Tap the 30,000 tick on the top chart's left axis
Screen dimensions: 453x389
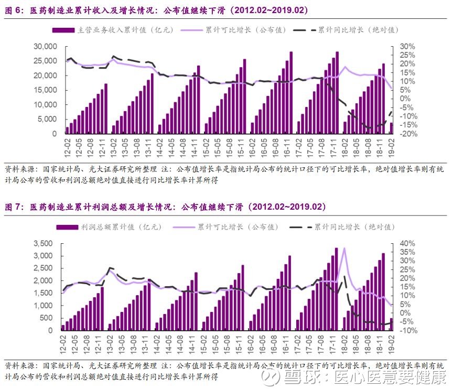(46, 47)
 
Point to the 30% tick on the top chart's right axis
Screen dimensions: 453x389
(407, 47)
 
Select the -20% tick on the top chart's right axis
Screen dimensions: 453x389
(408, 134)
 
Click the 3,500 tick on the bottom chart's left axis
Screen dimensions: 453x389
(43, 243)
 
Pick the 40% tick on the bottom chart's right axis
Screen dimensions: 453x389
(407, 243)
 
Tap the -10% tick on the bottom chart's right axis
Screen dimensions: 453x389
(408, 330)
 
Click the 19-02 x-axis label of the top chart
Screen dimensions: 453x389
(391, 148)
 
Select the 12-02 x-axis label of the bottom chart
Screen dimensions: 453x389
(63, 344)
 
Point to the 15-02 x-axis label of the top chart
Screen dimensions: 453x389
(206, 148)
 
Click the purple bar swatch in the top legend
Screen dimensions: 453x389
(63, 30)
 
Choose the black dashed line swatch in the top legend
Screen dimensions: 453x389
(305, 30)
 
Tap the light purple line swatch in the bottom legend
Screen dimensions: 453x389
(184, 228)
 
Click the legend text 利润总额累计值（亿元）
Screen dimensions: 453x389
(121, 227)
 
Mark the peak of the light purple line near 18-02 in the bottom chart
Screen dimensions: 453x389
(344, 248)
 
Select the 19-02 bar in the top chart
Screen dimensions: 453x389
(392, 128)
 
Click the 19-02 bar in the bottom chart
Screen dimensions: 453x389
(392, 325)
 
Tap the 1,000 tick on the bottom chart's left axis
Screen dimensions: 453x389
(43, 306)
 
